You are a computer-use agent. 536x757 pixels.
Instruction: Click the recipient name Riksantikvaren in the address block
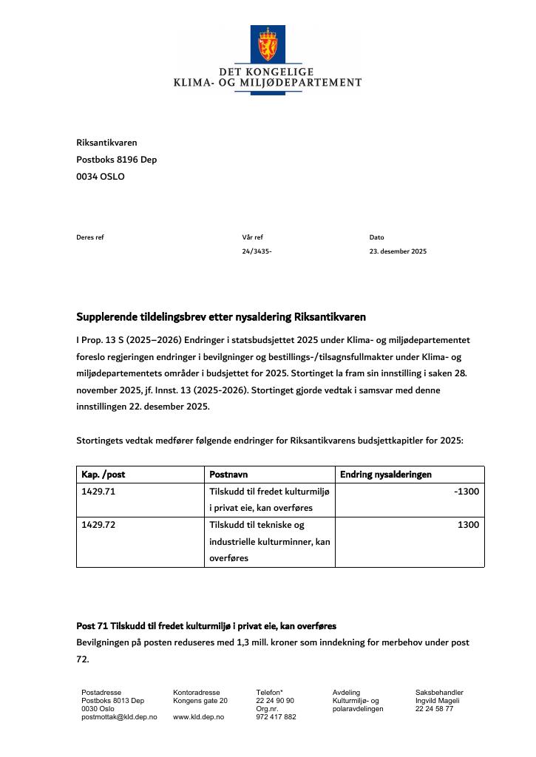point(106,143)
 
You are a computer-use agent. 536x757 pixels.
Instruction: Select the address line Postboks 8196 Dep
point(116,160)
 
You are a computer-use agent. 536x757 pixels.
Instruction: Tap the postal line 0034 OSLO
point(100,177)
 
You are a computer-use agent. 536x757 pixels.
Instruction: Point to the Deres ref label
point(90,237)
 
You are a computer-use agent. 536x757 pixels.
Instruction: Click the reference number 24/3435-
point(257,251)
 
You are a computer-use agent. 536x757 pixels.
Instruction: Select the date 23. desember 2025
point(398,251)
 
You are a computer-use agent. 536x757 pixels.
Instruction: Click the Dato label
point(376,237)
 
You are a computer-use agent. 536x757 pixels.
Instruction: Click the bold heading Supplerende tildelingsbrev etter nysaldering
point(220,317)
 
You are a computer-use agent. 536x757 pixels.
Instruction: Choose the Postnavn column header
point(228,475)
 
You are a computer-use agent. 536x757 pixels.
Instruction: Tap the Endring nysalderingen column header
point(385,475)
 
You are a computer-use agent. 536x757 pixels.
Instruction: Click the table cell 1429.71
point(98,492)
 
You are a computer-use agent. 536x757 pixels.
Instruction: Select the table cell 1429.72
point(98,525)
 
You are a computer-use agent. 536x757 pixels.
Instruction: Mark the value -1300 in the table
point(467,492)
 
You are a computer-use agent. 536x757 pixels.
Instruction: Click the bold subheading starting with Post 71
point(206,626)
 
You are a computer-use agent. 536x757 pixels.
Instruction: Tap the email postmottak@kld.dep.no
point(119,717)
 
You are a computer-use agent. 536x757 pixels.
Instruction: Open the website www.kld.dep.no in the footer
point(198,717)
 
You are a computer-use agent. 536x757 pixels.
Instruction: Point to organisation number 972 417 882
point(276,717)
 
